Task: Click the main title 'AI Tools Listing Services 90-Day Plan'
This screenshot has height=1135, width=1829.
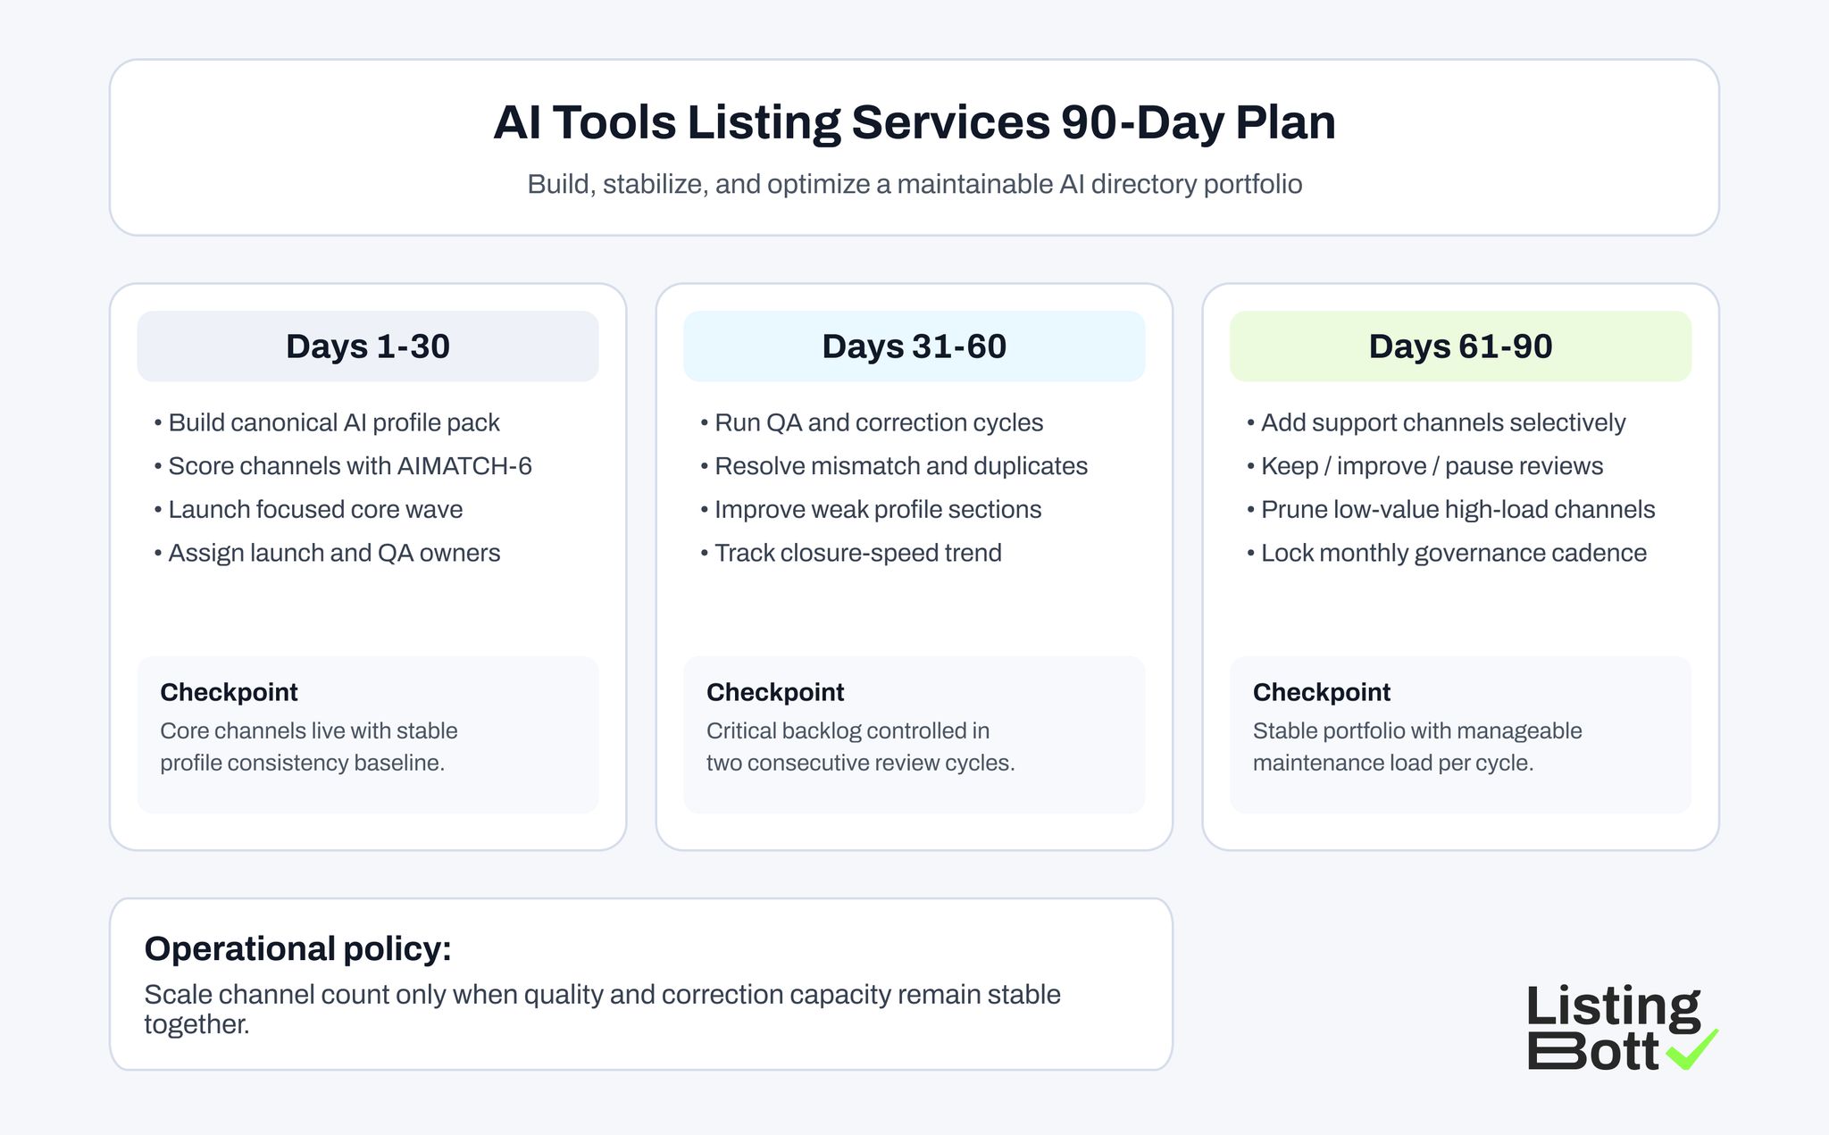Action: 914,122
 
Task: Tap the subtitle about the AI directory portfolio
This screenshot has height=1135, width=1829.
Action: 914,184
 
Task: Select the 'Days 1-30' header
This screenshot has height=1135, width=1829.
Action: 367,346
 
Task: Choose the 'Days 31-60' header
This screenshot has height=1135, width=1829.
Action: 914,346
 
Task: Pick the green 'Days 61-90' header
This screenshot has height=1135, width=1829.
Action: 1460,346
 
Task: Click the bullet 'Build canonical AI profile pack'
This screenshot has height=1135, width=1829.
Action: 333,422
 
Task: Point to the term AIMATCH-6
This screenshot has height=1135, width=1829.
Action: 464,466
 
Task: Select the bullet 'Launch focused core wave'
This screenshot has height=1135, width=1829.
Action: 315,510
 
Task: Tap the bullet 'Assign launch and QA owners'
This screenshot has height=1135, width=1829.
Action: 333,554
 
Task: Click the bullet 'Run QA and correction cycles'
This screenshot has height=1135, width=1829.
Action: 878,422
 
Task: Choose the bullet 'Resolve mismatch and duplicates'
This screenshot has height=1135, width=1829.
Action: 900,466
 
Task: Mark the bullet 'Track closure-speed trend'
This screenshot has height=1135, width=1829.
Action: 857,554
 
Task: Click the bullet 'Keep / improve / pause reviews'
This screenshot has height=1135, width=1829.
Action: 1432,466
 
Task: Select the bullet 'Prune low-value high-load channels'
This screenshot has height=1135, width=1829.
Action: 1457,510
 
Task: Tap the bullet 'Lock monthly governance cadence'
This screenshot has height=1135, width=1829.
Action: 1453,554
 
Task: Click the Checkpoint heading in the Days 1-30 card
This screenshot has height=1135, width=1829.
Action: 229,692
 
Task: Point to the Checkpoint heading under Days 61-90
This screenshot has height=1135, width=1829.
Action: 1322,692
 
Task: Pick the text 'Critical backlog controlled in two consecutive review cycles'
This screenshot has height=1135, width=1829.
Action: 860,747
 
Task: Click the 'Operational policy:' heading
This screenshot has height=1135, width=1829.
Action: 297,948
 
